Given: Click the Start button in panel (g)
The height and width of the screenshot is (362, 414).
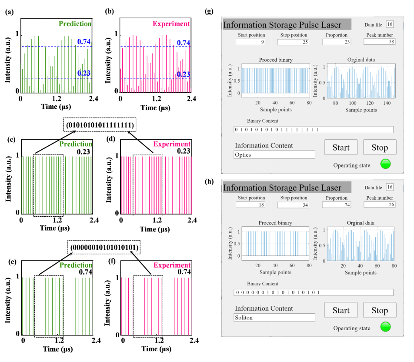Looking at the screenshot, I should click(x=341, y=147).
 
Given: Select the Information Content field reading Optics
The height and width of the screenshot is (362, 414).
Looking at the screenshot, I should click(x=274, y=154).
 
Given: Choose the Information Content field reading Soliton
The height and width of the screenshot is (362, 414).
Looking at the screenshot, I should click(x=274, y=318).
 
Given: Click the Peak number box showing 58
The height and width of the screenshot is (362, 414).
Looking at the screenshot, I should click(x=379, y=42).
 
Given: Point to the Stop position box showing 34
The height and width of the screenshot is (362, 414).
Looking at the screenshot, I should click(x=293, y=205).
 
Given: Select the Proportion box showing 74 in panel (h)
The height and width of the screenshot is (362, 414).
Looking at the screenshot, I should click(x=337, y=205).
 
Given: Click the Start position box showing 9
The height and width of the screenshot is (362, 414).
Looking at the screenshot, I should click(x=250, y=42).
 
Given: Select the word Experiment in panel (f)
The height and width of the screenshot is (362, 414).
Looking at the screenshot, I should click(x=176, y=265).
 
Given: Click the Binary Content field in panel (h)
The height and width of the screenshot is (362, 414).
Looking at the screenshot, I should click(x=313, y=292).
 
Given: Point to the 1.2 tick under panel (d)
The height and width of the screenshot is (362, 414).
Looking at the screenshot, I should click(x=157, y=220).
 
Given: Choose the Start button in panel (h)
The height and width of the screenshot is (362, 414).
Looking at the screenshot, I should click(x=341, y=310).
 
